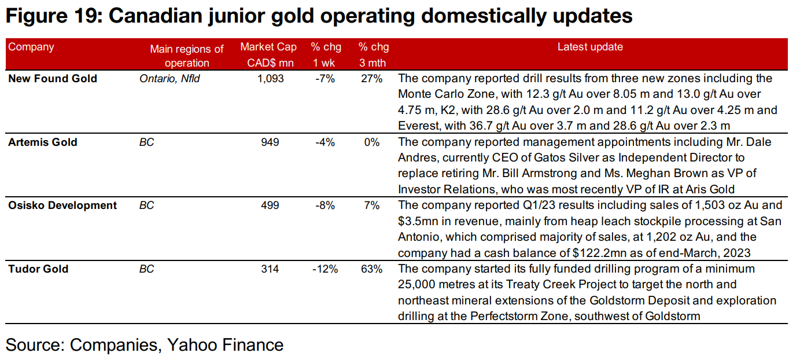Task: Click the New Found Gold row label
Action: point(53,79)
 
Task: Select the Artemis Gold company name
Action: point(43,142)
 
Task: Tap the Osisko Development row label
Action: point(62,205)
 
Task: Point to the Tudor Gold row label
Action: point(38,269)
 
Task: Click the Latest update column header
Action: point(590,47)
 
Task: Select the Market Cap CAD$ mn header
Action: point(268,55)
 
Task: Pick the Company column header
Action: point(31,47)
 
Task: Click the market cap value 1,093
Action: point(270,79)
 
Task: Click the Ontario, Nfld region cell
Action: point(169,79)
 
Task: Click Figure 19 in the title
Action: point(52,16)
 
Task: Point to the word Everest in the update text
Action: point(418,126)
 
